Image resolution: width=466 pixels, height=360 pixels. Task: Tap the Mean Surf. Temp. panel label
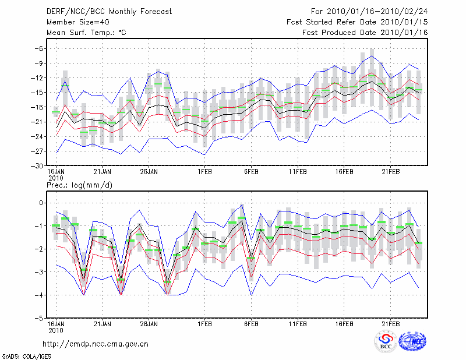86,33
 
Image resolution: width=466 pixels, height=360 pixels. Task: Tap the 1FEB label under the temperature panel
204,172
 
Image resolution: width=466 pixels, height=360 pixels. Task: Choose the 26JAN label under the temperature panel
149,172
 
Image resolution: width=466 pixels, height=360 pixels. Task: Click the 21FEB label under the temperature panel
390,172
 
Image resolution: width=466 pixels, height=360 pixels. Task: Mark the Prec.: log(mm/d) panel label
79,185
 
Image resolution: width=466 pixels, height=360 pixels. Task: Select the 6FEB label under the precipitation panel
251,324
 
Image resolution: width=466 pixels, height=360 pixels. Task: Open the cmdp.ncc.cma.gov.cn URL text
96,344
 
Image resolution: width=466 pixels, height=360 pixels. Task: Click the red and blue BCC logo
385,341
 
